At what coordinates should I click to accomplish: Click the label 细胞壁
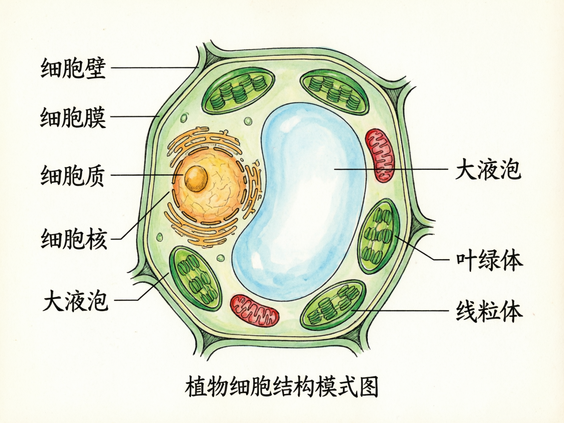[73, 68]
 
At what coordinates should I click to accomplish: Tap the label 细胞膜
[73, 117]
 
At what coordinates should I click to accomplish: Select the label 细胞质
[72, 175]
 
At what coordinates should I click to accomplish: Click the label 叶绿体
[489, 261]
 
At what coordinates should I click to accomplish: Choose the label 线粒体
[489, 311]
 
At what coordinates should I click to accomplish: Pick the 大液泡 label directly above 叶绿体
[488, 169]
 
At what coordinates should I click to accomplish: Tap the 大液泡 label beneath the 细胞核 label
[75, 301]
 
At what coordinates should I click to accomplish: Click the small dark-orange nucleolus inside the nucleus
[196, 177]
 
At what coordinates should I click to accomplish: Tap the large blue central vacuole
[303, 199]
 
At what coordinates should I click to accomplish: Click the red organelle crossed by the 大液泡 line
[379, 155]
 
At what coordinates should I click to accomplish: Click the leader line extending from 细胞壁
[153, 68]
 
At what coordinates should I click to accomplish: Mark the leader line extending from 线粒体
[398, 310]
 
